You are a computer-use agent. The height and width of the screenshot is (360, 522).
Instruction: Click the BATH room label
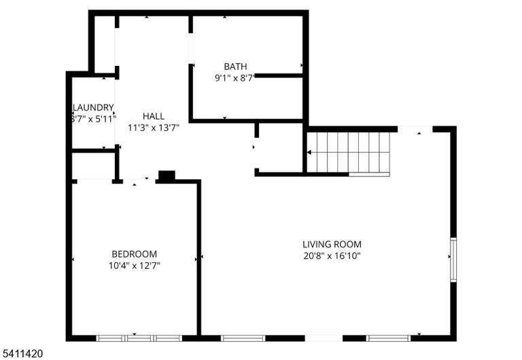click(x=235, y=67)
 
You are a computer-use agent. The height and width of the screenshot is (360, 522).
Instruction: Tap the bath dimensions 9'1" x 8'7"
click(x=234, y=78)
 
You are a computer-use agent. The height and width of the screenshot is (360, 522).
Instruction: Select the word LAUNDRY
click(x=93, y=107)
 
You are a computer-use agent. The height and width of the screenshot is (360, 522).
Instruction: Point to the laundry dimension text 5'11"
click(x=106, y=119)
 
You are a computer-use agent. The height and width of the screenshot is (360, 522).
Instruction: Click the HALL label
click(x=154, y=116)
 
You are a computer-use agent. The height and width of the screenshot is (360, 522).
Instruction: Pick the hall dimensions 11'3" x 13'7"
click(x=154, y=128)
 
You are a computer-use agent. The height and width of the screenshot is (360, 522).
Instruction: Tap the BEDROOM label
click(x=134, y=254)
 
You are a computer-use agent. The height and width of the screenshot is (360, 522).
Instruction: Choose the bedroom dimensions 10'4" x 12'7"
click(x=134, y=266)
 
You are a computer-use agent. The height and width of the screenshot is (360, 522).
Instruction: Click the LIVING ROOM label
click(x=332, y=245)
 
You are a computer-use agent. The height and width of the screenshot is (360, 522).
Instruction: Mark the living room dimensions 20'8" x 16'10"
click(x=332, y=256)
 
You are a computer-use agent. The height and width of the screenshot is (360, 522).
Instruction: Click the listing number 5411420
click(x=22, y=353)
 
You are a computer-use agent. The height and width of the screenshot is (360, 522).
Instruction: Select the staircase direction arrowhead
click(x=309, y=152)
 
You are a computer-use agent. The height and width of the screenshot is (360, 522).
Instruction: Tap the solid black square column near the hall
click(x=167, y=176)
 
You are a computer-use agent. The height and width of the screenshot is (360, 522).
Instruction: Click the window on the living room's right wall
click(x=453, y=259)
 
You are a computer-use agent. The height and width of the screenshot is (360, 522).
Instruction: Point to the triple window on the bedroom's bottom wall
click(x=139, y=338)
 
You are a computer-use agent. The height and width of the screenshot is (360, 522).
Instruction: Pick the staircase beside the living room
click(x=348, y=152)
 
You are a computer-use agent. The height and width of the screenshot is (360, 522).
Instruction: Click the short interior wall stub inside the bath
click(x=279, y=76)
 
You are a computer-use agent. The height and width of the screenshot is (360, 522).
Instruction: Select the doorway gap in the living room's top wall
click(x=415, y=129)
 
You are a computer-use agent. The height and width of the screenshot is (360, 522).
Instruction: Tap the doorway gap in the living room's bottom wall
click(x=324, y=338)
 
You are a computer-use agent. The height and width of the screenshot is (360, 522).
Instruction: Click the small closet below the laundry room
click(x=94, y=166)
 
